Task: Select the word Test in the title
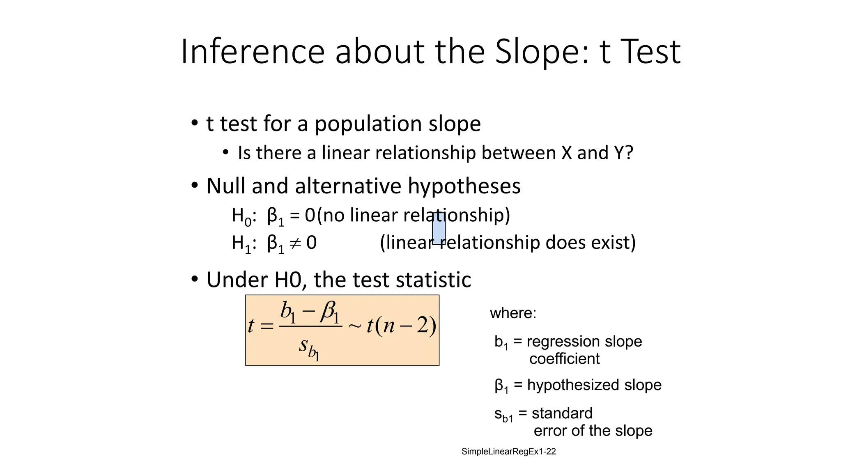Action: [651, 52]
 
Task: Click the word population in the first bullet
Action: [368, 124]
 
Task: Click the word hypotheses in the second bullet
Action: [464, 186]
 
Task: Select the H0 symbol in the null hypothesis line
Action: [241, 216]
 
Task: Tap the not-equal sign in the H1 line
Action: [295, 243]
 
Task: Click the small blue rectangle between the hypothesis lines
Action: [439, 229]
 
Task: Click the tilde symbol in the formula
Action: [354, 326]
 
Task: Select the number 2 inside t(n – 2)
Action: [422, 326]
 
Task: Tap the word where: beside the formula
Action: [513, 313]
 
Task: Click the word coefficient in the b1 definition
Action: [564, 359]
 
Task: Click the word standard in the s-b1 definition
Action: [562, 413]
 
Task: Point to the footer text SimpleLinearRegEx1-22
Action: [508, 452]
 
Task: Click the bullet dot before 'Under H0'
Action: [195, 280]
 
